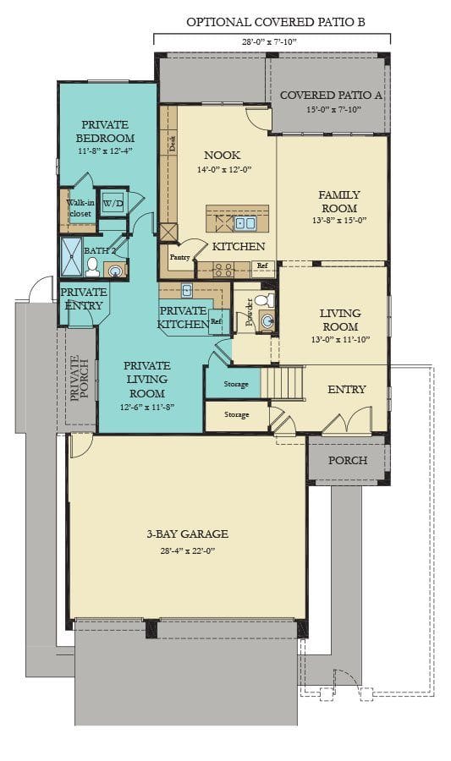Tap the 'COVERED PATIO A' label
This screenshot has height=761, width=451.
pyautogui.click(x=331, y=95)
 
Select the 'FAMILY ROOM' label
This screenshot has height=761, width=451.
pyautogui.click(x=338, y=201)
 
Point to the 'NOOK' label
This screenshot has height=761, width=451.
pyautogui.click(x=223, y=156)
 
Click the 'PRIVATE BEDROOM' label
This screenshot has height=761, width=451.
pyautogui.click(x=106, y=131)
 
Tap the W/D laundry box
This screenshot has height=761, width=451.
pyautogui.click(x=113, y=204)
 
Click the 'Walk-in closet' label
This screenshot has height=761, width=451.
pyautogui.click(x=80, y=208)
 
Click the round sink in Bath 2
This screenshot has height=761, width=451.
pyautogui.click(x=114, y=270)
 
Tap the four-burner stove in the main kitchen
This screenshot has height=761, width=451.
pyautogui.click(x=223, y=270)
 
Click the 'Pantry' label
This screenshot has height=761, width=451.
pyautogui.click(x=179, y=256)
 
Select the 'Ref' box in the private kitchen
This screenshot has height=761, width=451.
pyautogui.click(x=217, y=321)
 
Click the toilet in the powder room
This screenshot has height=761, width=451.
pyautogui.click(x=263, y=300)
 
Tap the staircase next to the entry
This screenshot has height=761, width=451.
pyautogui.click(x=283, y=382)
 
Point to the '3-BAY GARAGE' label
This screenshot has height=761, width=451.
pyautogui.click(x=186, y=534)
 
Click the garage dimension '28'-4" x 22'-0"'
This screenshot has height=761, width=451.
pyautogui.click(x=186, y=550)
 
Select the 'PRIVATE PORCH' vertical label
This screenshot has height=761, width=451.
pyautogui.click(x=80, y=378)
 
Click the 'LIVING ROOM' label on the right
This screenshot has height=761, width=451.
pyautogui.click(x=339, y=320)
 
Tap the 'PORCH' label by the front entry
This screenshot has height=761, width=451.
pyautogui.click(x=348, y=460)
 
